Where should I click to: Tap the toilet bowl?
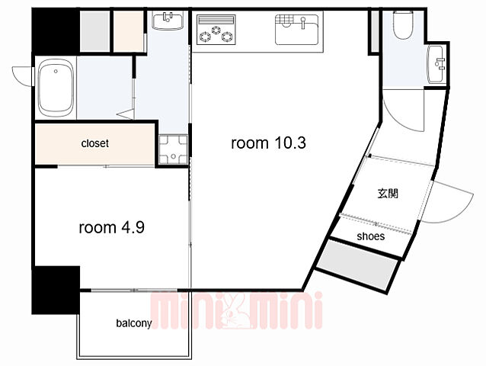(403, 25)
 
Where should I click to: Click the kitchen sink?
(296, 29)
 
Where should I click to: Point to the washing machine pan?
(173, 149)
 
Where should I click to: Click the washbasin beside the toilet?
(436, 64)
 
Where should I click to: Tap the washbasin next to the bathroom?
(168, 21)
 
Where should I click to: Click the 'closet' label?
(95, 143)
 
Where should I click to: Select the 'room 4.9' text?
(111, 227)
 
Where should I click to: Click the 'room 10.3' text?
(268, 143)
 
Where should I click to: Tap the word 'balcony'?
(134, 323)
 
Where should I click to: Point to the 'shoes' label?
(371, 236)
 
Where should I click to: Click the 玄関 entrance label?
(388, 194)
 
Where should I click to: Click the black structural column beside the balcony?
(56, 290)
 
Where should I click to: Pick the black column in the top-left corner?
(55, 31)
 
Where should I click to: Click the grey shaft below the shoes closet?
(357, 265)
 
